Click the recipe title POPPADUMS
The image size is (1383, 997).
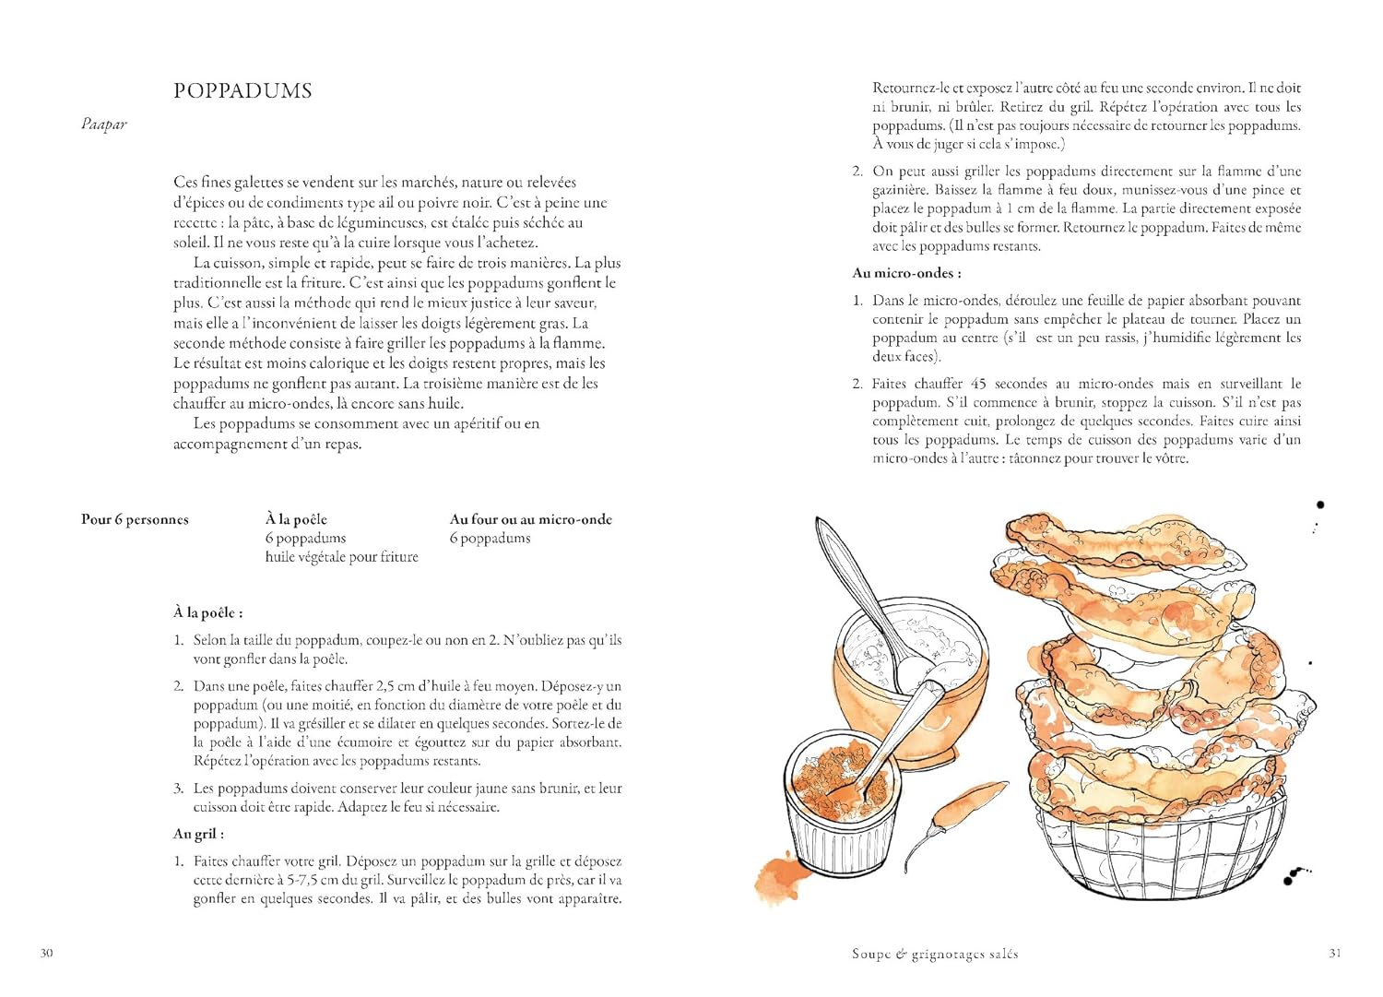[x=242, y=90]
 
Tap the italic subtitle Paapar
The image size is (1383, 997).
[x=103, y=125]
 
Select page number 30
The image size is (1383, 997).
[x=46, y=953]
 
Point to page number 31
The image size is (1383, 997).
[x=1334, y=953]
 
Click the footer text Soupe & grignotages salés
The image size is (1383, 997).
[x=935, y=954]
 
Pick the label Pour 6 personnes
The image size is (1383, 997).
[x=135, y=519]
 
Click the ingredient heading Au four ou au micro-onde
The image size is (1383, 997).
[x=530, y=519]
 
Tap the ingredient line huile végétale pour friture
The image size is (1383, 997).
[x=341, y=557]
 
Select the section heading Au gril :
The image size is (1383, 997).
[x=198, y=834]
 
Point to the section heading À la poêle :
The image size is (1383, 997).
[x=207, y=612]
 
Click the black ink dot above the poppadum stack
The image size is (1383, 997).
[x=1320, y=504]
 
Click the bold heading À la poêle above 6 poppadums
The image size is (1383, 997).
[x=296, y=519]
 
